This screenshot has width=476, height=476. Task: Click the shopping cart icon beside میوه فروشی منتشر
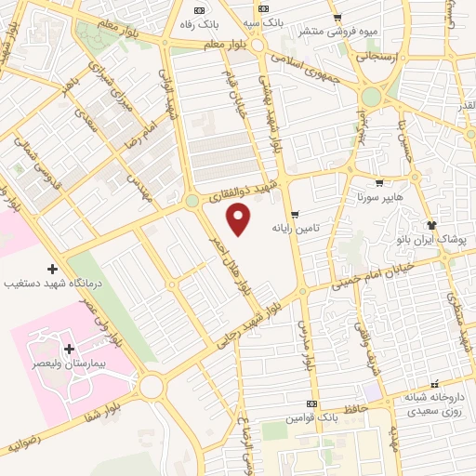click(337, 18)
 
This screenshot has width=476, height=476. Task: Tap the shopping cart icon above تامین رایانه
click(295, 215)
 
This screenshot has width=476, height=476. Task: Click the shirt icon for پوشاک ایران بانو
click(431, 225)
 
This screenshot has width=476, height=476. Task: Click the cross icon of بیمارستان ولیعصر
click(70, 349)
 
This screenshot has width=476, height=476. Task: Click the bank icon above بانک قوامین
click(312, 403)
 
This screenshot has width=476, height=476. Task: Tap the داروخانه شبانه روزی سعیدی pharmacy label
click(434, 403)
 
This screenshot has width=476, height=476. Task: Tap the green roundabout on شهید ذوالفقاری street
click(192, 200)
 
